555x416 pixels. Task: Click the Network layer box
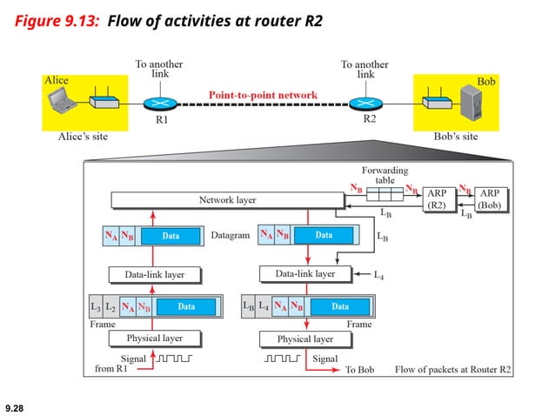[x=227, y=201]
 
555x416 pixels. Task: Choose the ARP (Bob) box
[x=491, y=199]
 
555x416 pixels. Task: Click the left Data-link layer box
[x=153, y=275]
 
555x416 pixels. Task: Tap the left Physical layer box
[x=153, y=338]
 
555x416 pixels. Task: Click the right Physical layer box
[x=304, y=339]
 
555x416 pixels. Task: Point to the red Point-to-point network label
[x=262, y=94]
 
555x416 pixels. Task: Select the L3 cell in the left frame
[x=95, y=306]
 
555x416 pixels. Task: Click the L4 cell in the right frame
[x=264, y=306]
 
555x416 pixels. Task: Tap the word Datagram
[x=230, y=236]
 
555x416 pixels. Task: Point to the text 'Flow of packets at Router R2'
[x=452, y=370]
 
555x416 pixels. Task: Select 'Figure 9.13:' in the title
[x=57, y=19]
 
